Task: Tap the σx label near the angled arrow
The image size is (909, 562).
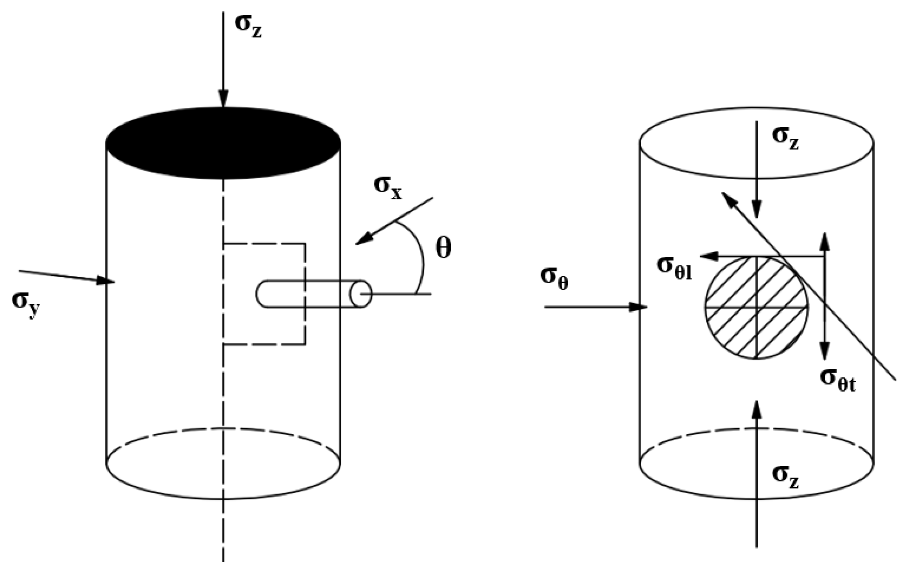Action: click(387, 188)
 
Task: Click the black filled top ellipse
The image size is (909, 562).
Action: click(223, 143)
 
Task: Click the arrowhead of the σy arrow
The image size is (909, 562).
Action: click(106, 280)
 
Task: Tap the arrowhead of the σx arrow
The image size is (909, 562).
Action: click(364, 239)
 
